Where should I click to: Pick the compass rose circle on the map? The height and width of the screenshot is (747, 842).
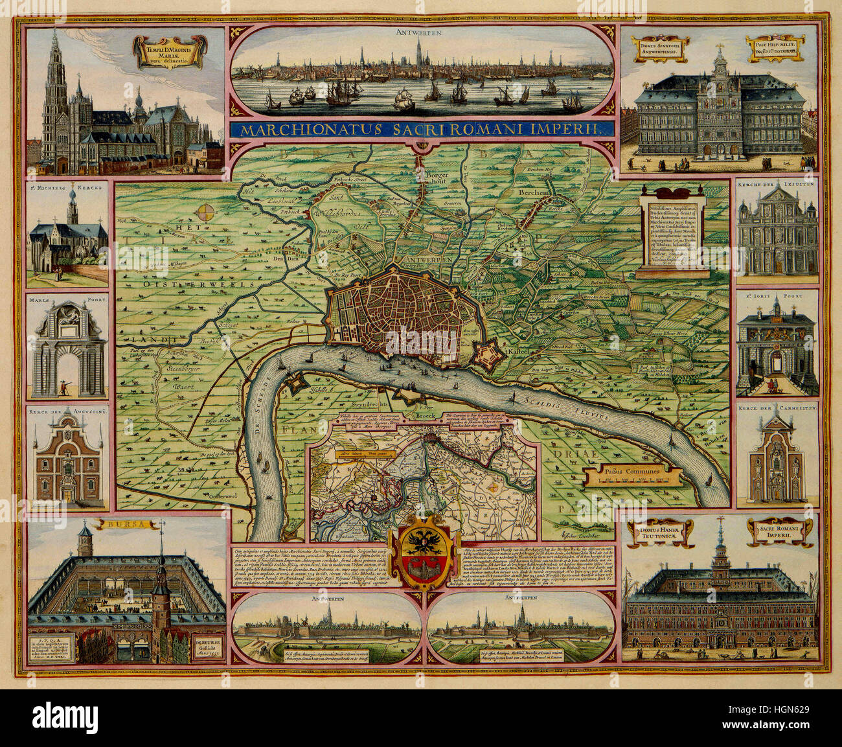(x=207, y=213)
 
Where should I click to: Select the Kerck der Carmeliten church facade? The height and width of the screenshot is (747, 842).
(x=776, y=460)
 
